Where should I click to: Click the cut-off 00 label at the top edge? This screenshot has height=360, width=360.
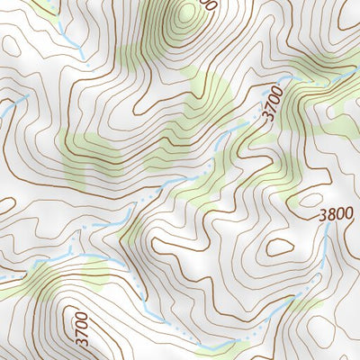(x=210, y=4)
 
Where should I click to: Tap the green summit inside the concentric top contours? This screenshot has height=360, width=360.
(x=185, y=13)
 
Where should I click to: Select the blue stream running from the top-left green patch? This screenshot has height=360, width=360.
(x=67, y=36)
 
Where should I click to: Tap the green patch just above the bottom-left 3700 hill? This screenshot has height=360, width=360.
(x=90, y=270)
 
